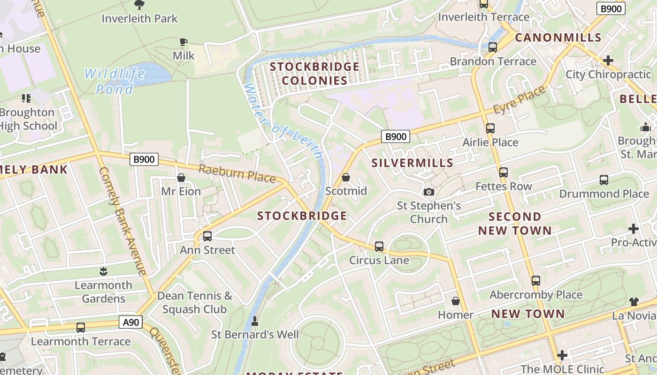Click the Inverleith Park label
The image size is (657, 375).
[140, 19]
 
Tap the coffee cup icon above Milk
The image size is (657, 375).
[183, 42]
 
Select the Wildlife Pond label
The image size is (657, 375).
[115, 81]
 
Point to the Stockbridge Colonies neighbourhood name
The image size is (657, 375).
[314, 74]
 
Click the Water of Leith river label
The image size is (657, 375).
[283, 122]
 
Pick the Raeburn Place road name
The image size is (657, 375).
[237, 173]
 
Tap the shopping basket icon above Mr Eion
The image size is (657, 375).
[181, 178]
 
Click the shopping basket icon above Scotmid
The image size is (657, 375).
[346, 177]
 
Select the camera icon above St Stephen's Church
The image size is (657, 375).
[428, 192]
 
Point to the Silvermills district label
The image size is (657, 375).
[413, 163]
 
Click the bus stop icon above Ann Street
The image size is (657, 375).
[207, 236]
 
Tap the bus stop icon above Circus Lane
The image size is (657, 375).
[379, 246]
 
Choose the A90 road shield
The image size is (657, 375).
[130, 322]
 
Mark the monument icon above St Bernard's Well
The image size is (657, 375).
[255, 321]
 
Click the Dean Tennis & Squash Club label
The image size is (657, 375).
[195, 302]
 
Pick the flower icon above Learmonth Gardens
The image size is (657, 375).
[103, 271]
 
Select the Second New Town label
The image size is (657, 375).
[515, 224]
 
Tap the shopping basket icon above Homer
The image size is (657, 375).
[455, 301]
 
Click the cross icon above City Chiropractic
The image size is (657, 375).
[608, 60]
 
